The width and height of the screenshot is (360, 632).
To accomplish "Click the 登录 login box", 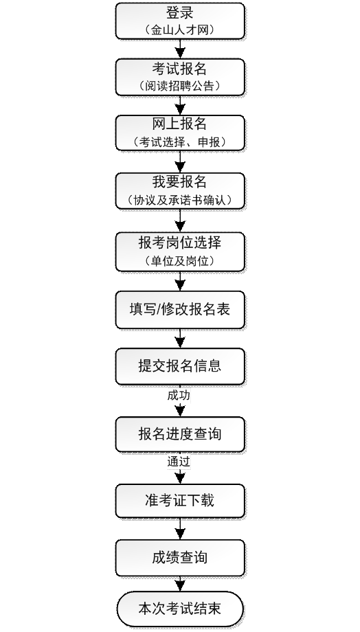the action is [180, 21].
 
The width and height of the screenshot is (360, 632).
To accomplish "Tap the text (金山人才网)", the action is [180, 30].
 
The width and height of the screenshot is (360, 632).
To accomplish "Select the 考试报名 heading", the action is [180, 69].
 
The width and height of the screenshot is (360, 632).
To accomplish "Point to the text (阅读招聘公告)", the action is [180, 85].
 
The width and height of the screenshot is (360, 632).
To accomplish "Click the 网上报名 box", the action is [180, 133].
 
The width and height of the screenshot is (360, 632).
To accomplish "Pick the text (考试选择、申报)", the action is [180, 142].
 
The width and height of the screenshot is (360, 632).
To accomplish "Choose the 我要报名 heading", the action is [180, 182].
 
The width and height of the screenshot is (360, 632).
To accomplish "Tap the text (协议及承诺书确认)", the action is [180, 200].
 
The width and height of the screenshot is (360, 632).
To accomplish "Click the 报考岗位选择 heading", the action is [180, 242].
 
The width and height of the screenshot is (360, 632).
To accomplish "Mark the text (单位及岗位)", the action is [180, 261].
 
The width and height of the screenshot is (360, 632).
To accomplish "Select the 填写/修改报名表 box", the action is [180, 310].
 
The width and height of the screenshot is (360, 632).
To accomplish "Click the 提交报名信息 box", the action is [180, 366].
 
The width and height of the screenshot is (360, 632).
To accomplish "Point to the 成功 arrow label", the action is [179, 396].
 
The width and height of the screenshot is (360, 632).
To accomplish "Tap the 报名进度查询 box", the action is [180, 434].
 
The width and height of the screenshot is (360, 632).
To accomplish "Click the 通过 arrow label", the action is [179, 462].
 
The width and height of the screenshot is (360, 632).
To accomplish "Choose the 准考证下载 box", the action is [180, 501].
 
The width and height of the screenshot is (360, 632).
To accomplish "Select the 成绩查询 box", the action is [180, 558].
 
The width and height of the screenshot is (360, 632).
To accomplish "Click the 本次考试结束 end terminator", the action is [180, 609].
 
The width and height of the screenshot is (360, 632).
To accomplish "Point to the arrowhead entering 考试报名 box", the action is [180, 54].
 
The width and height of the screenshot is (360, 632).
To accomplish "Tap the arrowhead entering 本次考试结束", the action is [180, 586].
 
